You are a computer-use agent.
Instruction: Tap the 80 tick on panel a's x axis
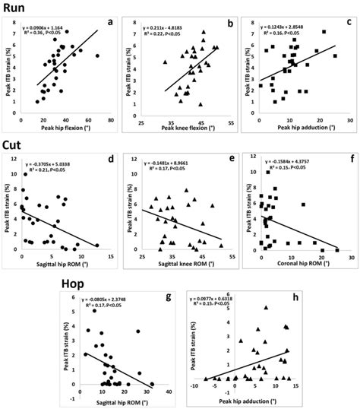(x=111, y=121)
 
